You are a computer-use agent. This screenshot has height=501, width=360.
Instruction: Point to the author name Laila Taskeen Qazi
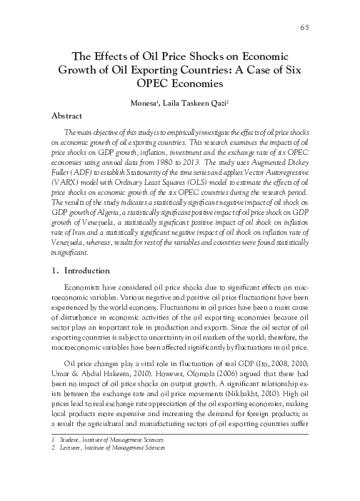point(196,103)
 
